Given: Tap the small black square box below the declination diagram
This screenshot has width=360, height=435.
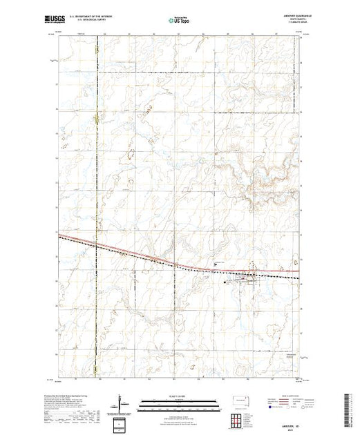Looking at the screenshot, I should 119,422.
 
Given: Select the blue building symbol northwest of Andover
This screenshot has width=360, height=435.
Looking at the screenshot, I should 216,263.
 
